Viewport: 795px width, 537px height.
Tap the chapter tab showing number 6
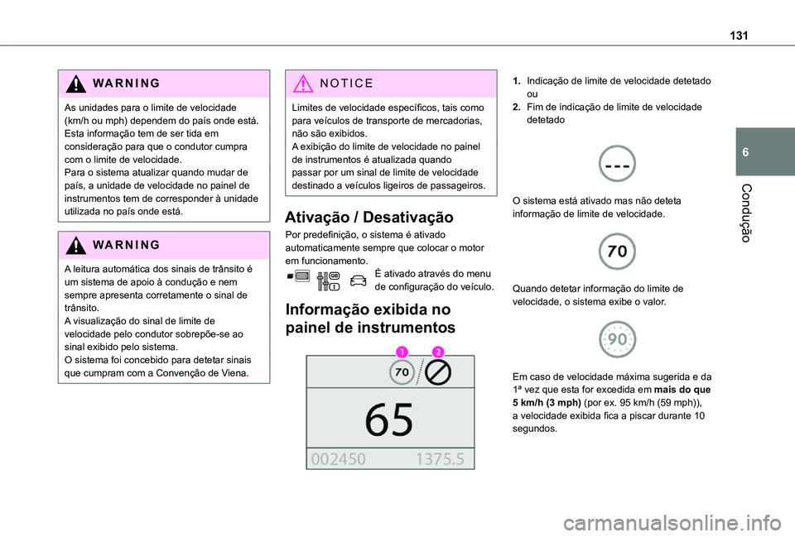749,153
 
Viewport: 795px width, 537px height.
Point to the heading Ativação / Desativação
369,218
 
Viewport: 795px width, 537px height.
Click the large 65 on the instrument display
389,420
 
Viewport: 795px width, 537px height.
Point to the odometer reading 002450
340,459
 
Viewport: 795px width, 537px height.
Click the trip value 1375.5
440,459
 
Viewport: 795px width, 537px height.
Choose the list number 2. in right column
518,107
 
